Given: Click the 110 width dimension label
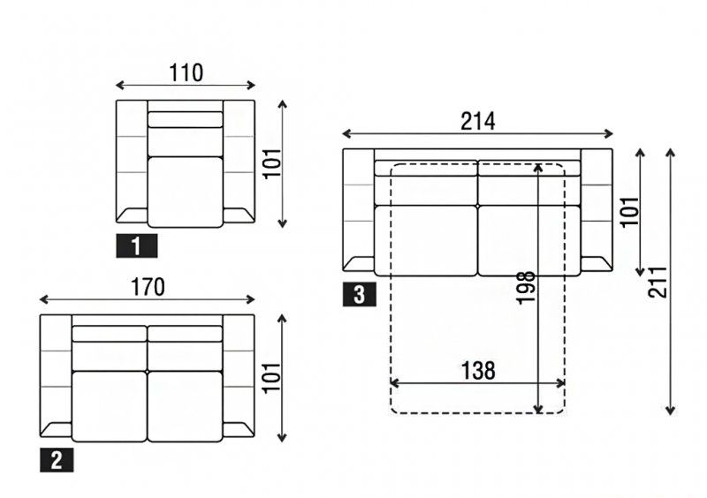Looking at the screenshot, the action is pos(186,73).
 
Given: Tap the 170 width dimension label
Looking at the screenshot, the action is pos(148,288).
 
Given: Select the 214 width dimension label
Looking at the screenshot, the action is pos(478,122).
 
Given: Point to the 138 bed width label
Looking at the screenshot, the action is pos(478,371).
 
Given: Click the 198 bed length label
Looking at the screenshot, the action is pos(526,288).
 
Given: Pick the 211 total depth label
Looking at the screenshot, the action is pos(658,283).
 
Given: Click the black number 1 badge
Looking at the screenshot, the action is pos(137,246).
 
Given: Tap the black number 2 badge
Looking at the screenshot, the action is pos(57,460).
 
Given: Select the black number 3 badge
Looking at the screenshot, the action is pos(360,295).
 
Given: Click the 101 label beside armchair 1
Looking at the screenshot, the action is pos(272,163).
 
